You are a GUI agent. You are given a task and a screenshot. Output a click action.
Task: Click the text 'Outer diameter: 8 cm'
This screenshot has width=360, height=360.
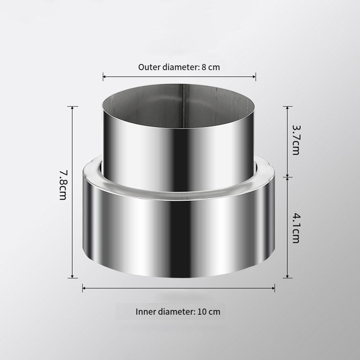(x=179, y=67)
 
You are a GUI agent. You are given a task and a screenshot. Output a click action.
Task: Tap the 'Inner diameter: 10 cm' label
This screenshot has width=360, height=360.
(x=178, y=311)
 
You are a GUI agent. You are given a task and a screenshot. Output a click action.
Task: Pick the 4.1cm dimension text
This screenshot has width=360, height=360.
(x=295, y=228)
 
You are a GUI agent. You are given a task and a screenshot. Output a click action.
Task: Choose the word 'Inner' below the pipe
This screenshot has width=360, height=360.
(x=145, y=311)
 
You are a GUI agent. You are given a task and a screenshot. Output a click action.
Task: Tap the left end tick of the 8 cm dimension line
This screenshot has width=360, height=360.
(x=103, y=76)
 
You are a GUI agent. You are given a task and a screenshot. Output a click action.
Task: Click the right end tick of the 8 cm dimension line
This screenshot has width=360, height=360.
(x=256, y=76)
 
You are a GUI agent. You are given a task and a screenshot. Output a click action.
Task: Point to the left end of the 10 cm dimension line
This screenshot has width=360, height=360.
(x=83, y=287)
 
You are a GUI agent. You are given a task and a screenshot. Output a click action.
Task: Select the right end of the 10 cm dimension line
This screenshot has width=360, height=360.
(x=275, y=287)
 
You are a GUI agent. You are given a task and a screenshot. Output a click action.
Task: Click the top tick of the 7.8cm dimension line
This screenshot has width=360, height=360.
(x=73, y=107)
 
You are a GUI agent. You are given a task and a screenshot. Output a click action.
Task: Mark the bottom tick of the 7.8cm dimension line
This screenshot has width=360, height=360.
(x=73, y=278)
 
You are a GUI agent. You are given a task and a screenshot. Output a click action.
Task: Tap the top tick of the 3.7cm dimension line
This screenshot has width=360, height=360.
(x=287, y=107)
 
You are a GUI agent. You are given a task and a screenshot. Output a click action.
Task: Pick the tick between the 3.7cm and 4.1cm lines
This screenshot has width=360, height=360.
(x=287, y=177)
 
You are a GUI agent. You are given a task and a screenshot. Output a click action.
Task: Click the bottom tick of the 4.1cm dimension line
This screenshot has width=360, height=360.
(x=287, y=278)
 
